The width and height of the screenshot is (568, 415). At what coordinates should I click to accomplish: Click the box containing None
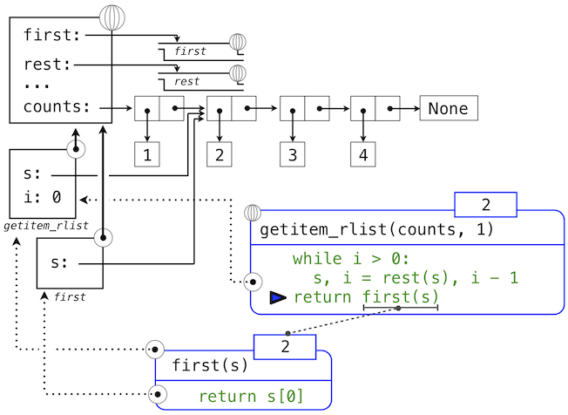448,109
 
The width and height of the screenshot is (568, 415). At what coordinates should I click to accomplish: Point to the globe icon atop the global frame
112,17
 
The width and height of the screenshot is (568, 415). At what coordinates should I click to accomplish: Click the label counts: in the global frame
57,108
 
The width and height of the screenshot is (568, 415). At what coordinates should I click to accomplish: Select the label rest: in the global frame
49,65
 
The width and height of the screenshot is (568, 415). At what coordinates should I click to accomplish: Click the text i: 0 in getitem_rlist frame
43,197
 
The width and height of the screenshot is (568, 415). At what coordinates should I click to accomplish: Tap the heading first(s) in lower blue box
211,364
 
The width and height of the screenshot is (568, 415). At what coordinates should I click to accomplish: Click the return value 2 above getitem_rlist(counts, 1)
485,205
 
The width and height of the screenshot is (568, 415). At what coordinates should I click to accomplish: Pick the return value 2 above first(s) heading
284,346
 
